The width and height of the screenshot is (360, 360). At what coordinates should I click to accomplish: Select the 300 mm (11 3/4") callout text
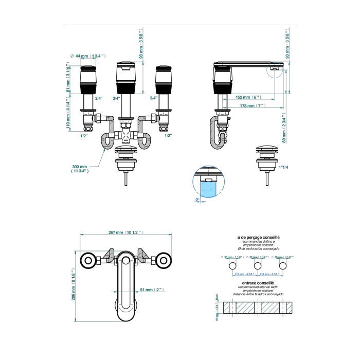click(x=80, y=169)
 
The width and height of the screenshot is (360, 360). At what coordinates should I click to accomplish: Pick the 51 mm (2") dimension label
click(x=149, y=291)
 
